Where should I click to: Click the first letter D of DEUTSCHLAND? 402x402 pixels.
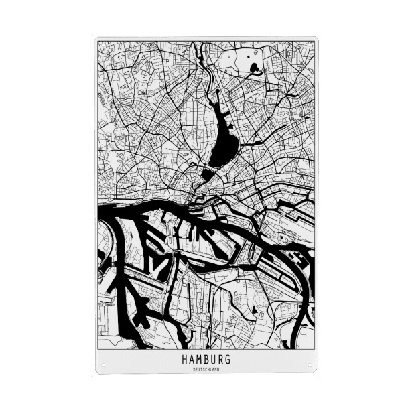pyautogui.click(x=194, y=368)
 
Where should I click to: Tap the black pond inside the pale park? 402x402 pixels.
pyautogui.click(x=254, y=68)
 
